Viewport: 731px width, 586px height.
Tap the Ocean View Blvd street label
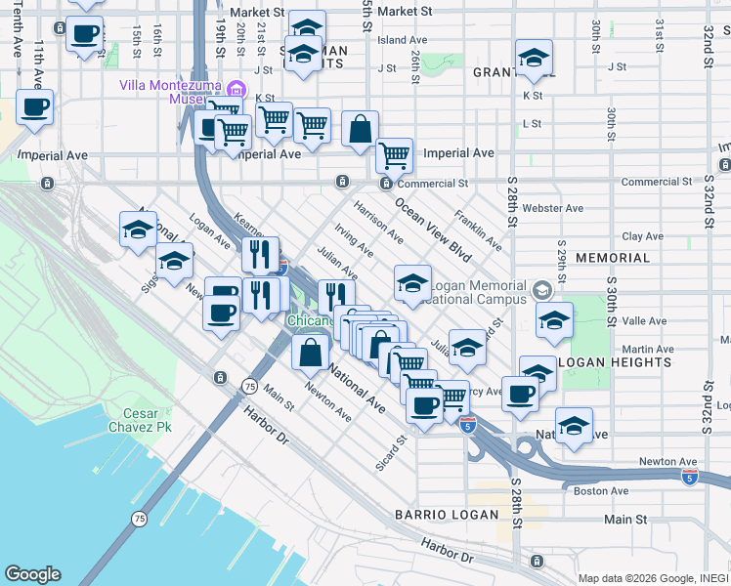pyautogui.click(x=433, y=230)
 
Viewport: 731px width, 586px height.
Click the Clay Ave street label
pyautogui.click(x=643, y=236)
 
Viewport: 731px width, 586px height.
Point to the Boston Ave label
pyautogui.click(x=602, y=490)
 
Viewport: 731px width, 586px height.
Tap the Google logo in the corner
pyautogui.click(x=32, y=574)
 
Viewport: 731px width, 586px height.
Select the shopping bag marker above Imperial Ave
pyautogui.click(x=360, y=130)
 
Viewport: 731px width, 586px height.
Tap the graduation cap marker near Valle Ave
pyautogui.click(x=554, y=320)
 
